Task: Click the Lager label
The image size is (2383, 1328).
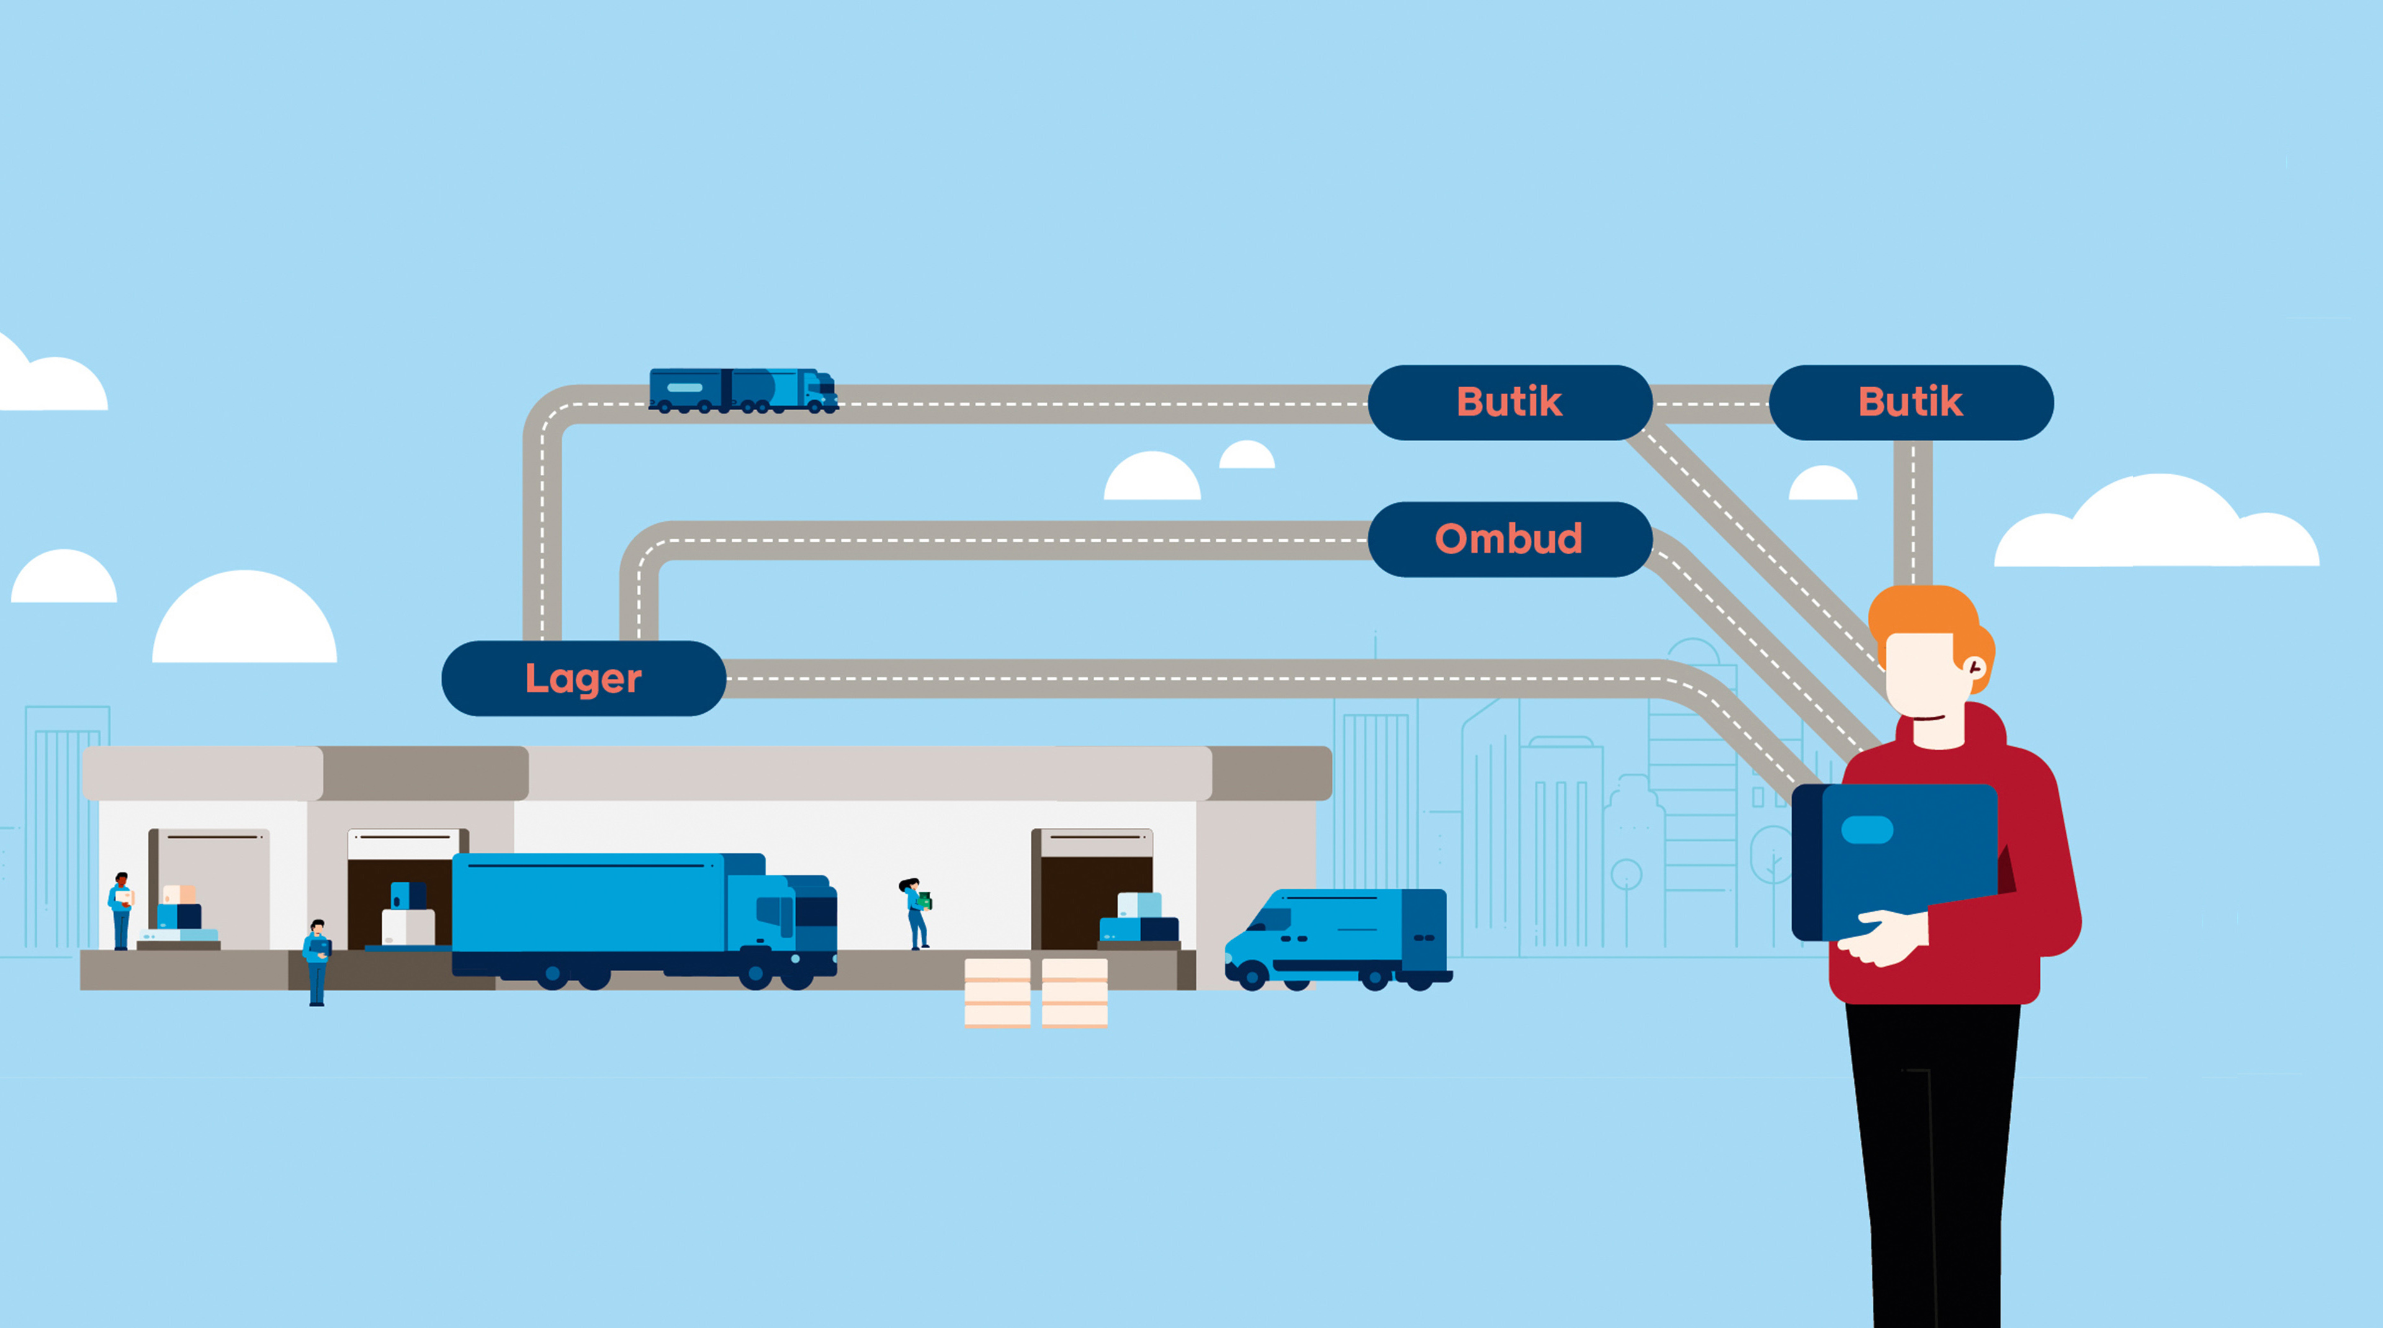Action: (x=584, y=679)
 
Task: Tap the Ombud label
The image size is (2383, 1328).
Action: (x=1509, y=539)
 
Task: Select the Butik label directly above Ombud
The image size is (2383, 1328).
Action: (x=1509, y=402)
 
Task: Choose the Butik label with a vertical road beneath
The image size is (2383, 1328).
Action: (x=1910, y=402)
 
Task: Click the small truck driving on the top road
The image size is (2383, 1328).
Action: (x=743, y=390)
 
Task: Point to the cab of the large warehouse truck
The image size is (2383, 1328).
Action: (x=796, y=920)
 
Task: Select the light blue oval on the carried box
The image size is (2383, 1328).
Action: (x=1867, y=830)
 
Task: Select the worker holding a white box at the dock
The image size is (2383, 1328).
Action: (x=121, y=910)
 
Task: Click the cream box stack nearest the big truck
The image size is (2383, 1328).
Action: (x=997, y=992)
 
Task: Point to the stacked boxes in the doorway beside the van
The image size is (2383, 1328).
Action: (x=1139, y=918)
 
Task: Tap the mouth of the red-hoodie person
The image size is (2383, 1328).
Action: (x=1928, y=717)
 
